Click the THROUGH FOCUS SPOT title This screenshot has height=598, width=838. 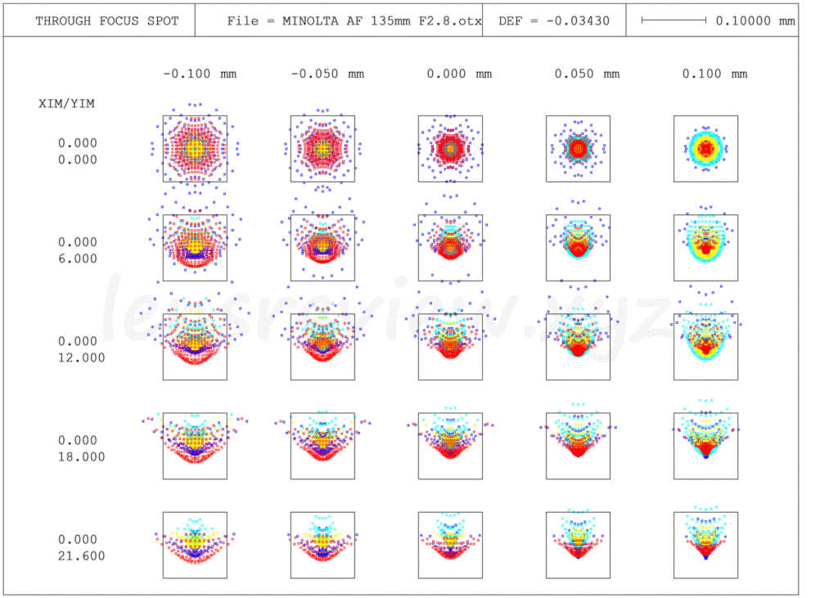(106, 21)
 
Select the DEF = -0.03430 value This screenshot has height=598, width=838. (554, 21)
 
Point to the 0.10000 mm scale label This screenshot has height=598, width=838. (755, 21)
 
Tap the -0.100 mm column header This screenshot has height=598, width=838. (200, 74)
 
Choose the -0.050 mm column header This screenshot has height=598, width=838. (327, 74)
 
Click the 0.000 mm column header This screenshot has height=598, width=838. (459, 74)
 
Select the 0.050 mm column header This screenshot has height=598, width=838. (587, 74)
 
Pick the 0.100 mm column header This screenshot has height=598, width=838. (714, 74)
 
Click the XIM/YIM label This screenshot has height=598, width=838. (66, 104)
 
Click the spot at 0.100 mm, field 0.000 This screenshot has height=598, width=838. (705, 148)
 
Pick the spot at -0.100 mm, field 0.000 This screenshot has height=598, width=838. (195, 148)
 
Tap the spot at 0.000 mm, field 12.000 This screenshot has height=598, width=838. (450, 339)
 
